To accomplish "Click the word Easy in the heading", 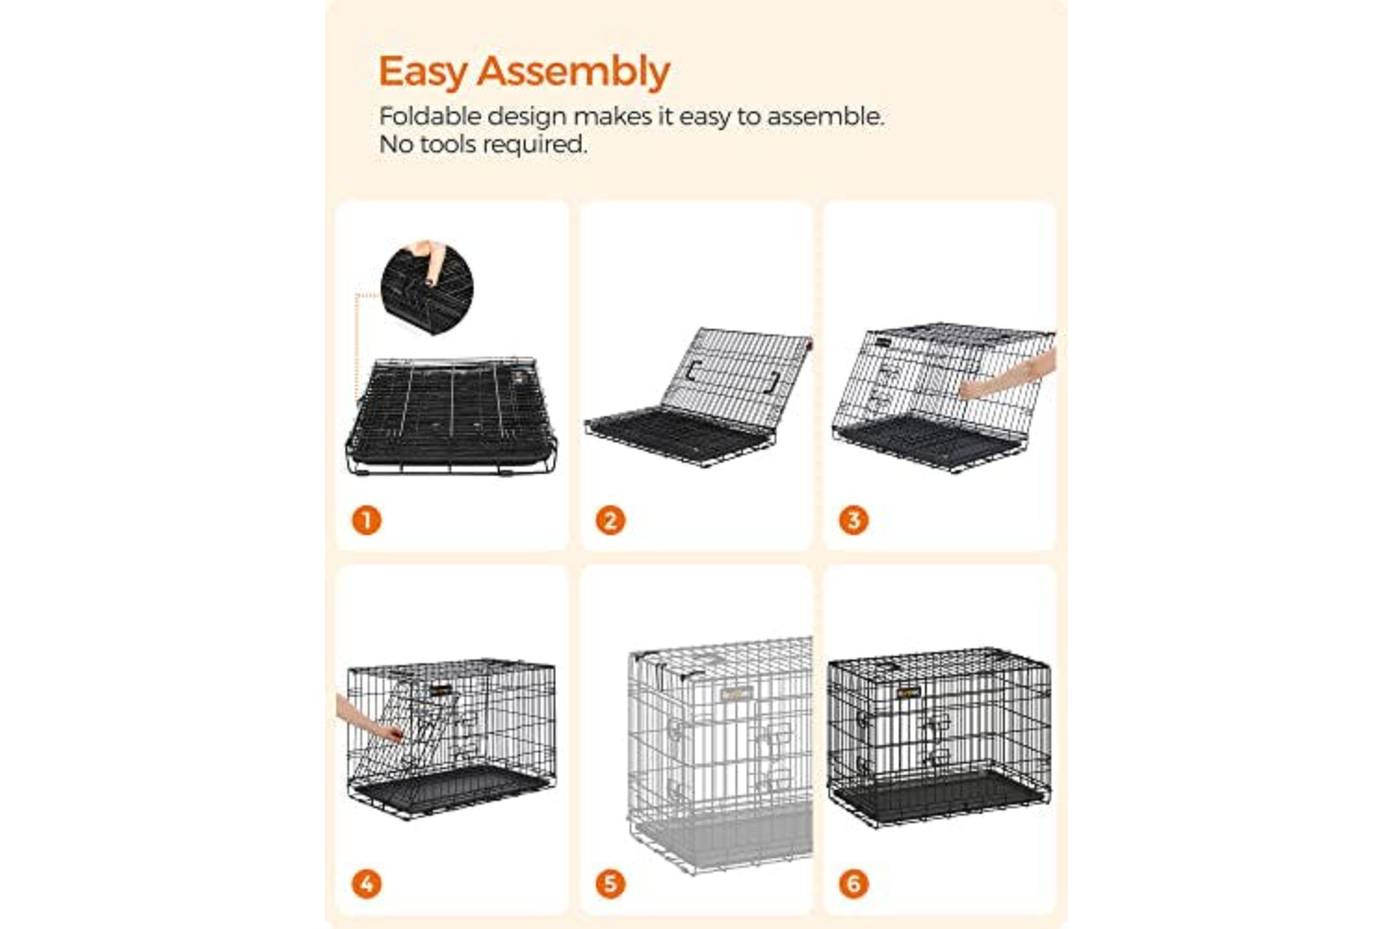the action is point(423,72).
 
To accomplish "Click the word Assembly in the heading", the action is point(573,72).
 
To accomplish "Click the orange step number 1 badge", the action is point(366,520).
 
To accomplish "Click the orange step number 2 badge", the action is point(610,520).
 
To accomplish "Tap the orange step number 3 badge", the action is point(853,520).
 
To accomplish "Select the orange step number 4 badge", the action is point(366,883).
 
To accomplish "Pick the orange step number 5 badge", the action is point(610,883).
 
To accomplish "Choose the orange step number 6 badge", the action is point(853,883).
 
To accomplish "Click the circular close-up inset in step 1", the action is point(426,288).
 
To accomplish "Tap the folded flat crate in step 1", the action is point(451,415).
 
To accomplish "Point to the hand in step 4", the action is point(368,720).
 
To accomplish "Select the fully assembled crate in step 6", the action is point(939,737).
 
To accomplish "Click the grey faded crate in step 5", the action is point(720,754).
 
